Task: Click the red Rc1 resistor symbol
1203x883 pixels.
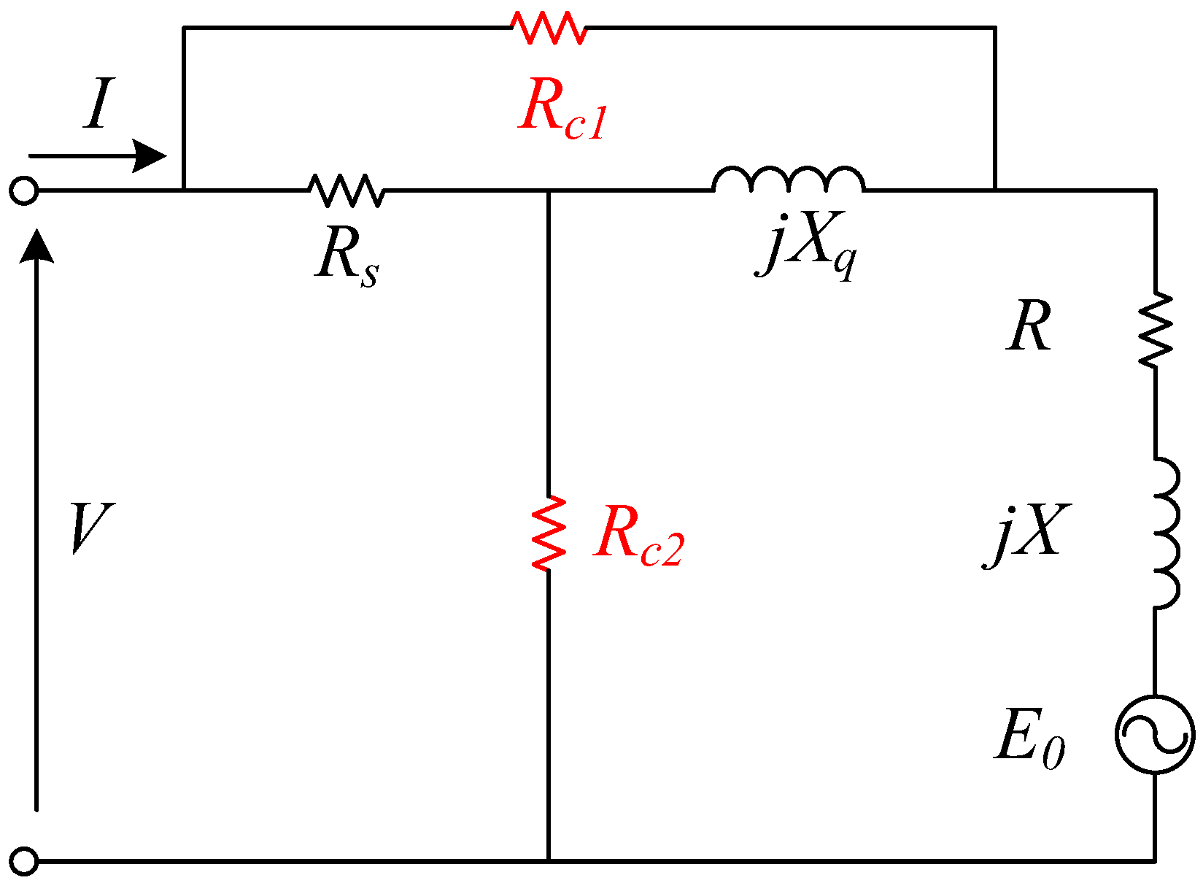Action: pos(548,28)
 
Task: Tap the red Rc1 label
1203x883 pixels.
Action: pos(562,113)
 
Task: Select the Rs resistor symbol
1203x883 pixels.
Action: pos(346,190)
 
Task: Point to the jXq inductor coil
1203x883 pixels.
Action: pos(789,181)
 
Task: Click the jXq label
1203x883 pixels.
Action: pos(806,244)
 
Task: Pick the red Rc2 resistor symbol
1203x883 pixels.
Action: pos(549,533)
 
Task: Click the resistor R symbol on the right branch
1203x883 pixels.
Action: pos(1155,330)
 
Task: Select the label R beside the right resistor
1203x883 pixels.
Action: pos(1029,327)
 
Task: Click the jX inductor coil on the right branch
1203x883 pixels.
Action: pos(1165,533)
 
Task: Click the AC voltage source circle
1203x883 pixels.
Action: pos(1155,734)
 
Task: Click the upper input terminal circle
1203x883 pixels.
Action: pos(23,191)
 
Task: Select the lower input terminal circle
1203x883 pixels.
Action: pos(23,861)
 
